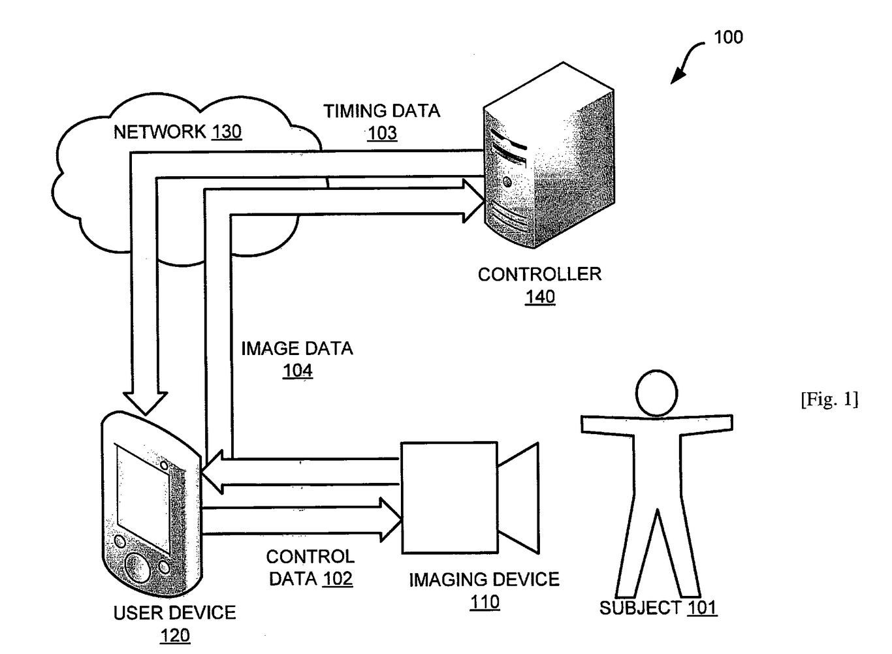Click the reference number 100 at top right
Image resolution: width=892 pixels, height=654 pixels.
coord(728,37)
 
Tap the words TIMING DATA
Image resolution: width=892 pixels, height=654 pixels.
coord(381,111)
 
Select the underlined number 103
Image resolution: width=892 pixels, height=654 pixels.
coord(382,133)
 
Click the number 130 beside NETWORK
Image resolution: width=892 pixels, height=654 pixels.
coord(226,132)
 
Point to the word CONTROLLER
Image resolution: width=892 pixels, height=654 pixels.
coord(539,274)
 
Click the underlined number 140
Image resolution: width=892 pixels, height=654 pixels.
coord(540,297)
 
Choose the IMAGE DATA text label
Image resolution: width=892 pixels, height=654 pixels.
coord(297,349)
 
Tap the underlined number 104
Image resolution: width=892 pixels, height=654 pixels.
coord(298,371)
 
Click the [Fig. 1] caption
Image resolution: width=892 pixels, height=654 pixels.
coord(829,399)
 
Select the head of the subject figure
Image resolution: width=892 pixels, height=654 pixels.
coord(657,393)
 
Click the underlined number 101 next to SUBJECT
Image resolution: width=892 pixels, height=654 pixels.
coord(701,608)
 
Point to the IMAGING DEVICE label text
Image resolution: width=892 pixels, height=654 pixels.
coord(484,580)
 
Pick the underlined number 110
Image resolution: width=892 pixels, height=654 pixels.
coord(485,602)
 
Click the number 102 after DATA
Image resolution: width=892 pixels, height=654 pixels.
coord(337,579)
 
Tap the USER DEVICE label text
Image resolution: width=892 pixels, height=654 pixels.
coord(174,613)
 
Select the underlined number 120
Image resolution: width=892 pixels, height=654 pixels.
coord(175,635)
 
